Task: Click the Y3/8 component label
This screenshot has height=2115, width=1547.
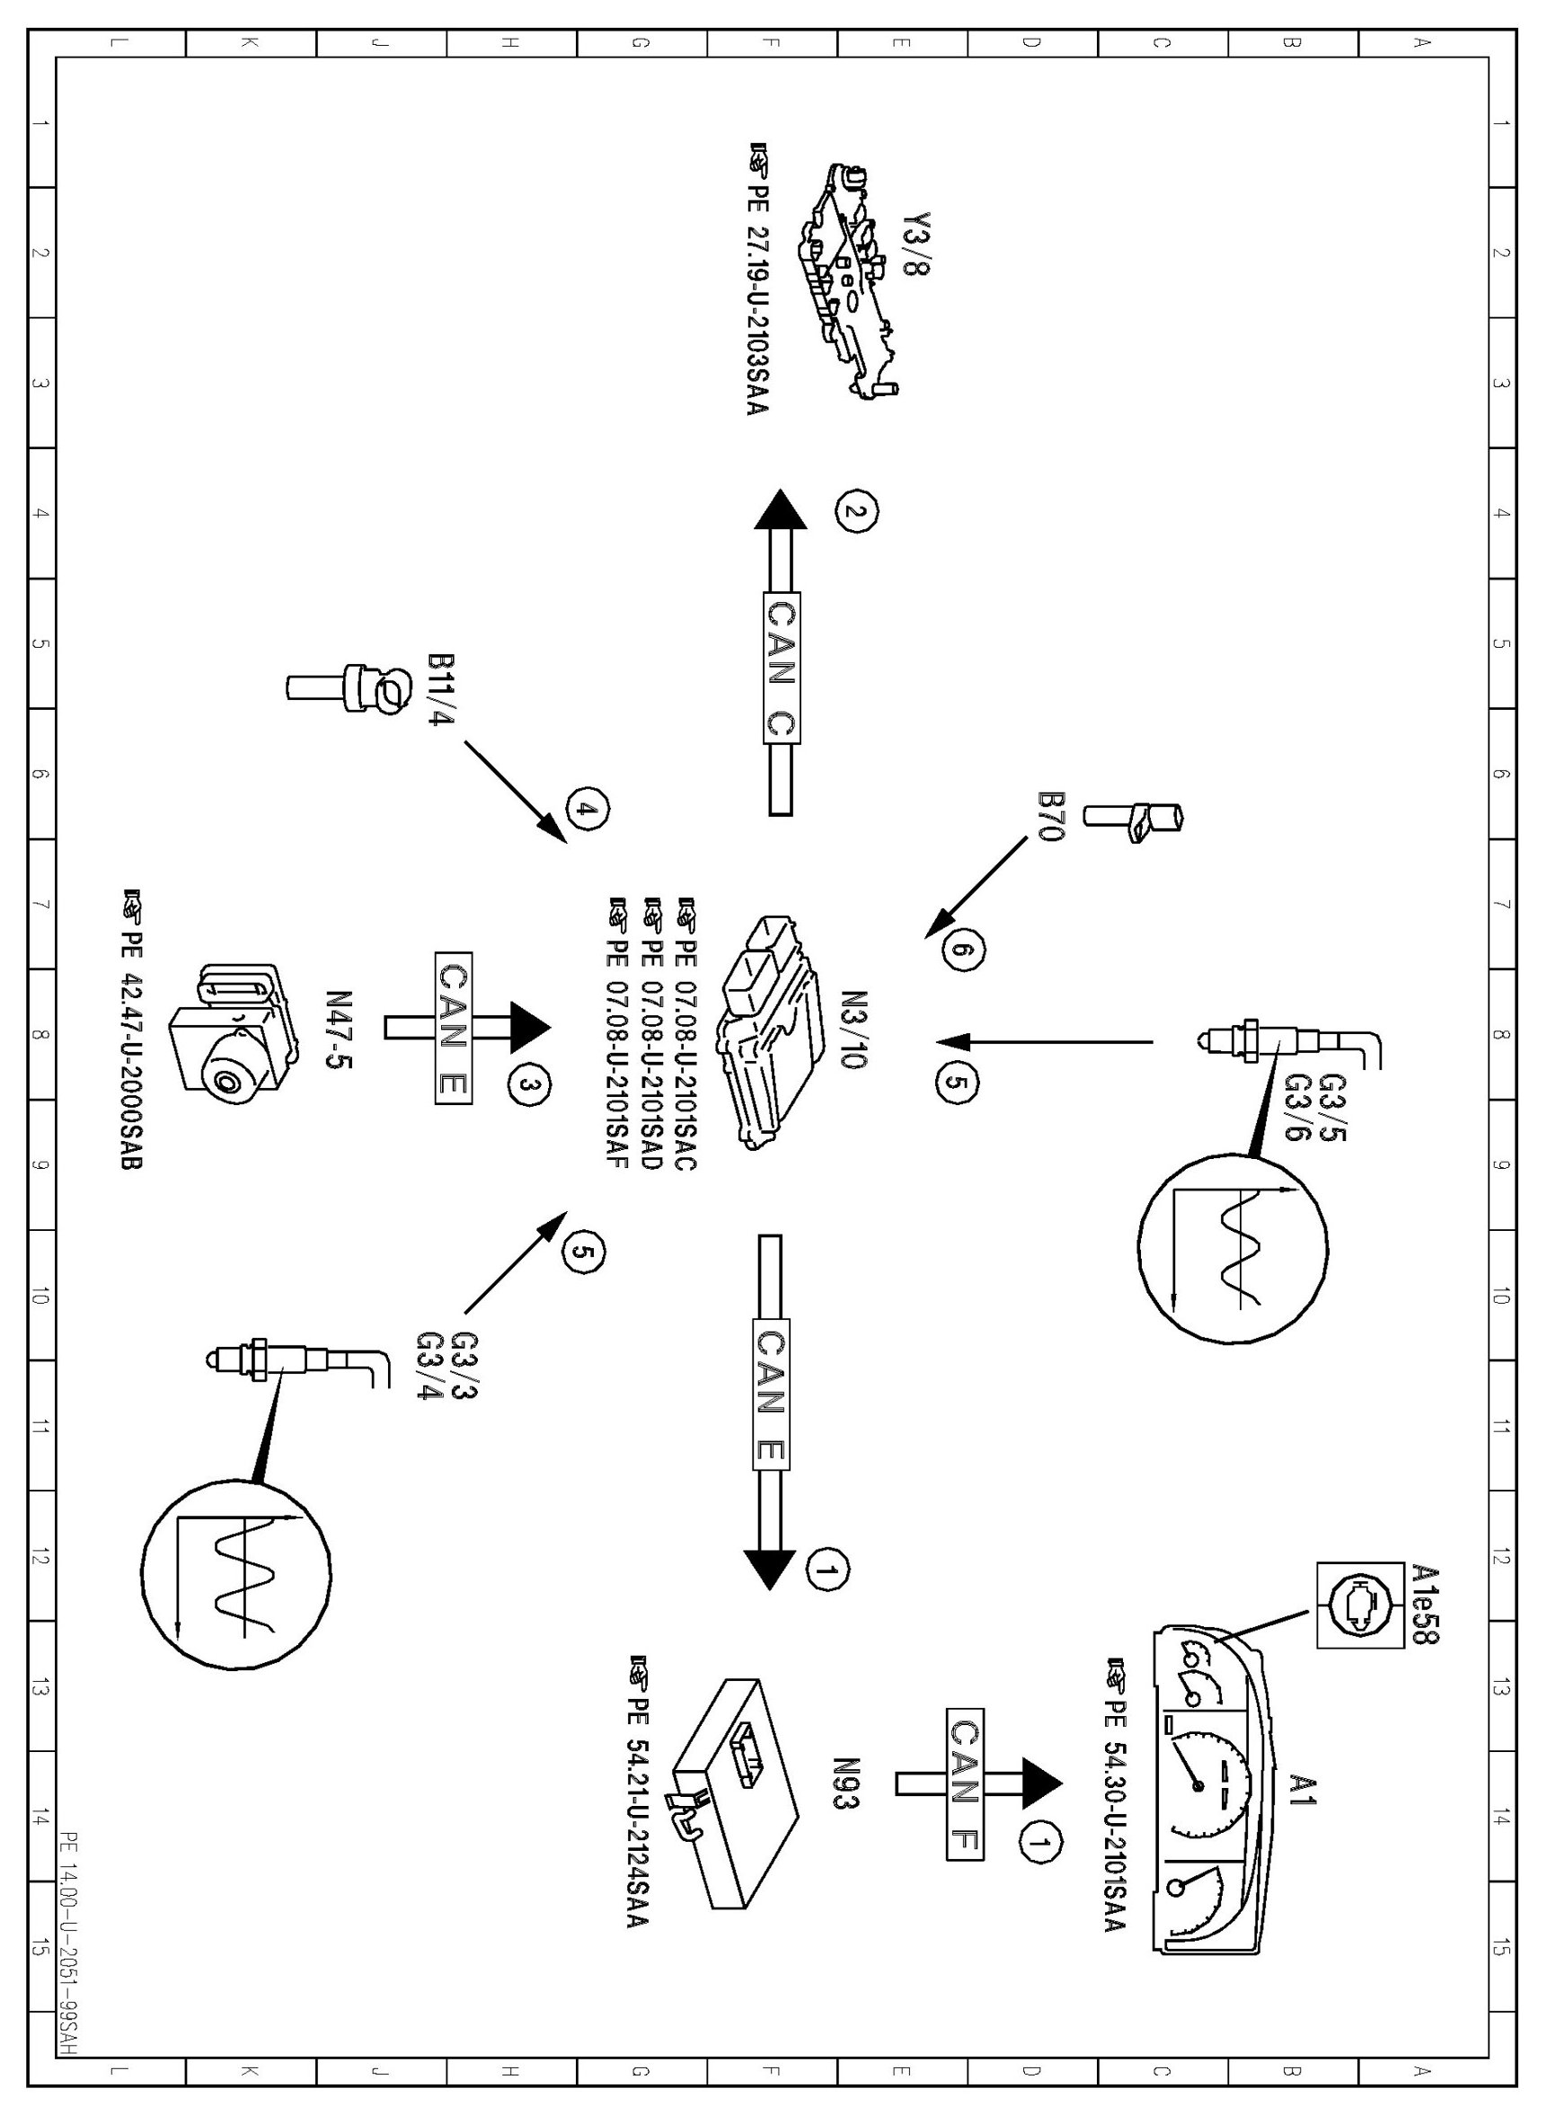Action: coord(918,244)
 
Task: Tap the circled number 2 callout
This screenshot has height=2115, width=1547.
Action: coord(858,511)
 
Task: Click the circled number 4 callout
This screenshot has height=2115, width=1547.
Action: coord(588,810)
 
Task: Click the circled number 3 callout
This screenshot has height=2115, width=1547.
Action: coord(529,1084)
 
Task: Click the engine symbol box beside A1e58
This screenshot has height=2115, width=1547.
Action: coord(1355,1605)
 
